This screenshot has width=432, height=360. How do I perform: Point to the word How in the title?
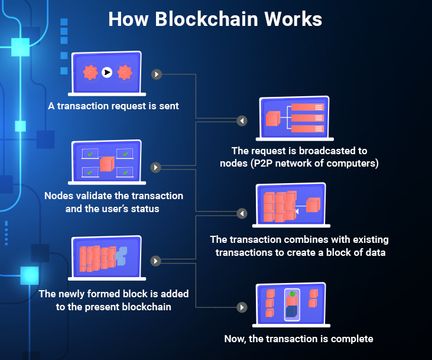click(129, 19)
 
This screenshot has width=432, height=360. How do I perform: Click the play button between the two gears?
click(105, 72)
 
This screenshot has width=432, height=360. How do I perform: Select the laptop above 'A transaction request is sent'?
click(106, 74)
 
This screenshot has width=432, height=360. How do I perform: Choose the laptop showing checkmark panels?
click(105, 164)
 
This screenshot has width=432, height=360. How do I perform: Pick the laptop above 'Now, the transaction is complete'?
click(301, 306)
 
